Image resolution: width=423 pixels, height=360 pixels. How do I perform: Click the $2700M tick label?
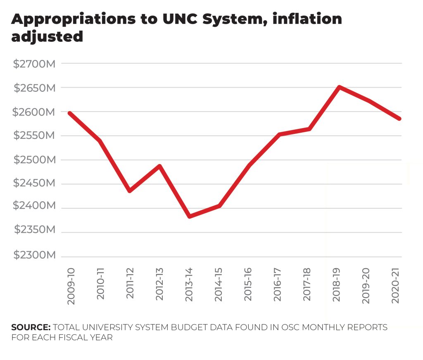coord(34,64)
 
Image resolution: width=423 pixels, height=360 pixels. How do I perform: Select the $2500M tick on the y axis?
coord(34,160)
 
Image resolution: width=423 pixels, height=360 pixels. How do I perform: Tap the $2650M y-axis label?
coord(34,88)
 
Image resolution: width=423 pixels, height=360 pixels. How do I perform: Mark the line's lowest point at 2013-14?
coord(189,216)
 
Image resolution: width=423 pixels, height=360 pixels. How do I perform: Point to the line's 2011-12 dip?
coord(130,191)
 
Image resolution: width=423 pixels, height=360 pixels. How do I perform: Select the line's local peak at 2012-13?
coord(159,166)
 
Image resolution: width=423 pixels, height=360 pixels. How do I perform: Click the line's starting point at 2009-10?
coord(70,113)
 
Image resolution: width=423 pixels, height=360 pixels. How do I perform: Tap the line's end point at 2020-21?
coord(399,119)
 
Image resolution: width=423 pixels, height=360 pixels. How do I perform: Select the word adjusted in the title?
coord(47,37)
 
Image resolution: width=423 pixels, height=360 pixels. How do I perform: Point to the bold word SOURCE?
coord(31,327)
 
